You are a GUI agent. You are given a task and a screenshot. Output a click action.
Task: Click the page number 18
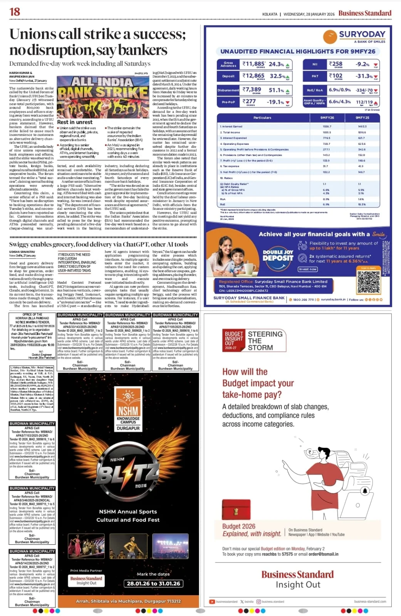coord(15,12)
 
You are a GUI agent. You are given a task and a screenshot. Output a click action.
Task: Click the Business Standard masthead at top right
coord(364,13)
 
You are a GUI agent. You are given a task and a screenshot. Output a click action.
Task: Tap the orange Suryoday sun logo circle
coord(330,37)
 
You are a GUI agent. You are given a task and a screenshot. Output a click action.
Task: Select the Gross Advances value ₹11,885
coord(253,64)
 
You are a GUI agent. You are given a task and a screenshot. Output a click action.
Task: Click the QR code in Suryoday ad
coord(368,282)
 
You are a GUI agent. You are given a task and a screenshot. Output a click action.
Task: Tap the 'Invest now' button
coord(307,269)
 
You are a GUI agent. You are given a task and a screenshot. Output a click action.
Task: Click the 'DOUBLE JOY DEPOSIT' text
coord(278,255)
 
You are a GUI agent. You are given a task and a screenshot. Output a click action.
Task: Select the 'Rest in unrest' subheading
coord(75,122)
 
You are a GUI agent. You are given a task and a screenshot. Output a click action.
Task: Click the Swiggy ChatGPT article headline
coord(99,244)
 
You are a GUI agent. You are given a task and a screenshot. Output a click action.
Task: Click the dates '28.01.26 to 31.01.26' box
coord(153,583)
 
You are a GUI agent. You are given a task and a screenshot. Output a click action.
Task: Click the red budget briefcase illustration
coord(236,509)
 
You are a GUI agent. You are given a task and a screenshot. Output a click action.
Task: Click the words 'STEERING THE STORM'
coord(265,341)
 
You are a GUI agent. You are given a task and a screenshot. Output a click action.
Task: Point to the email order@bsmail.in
coord(323,554)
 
